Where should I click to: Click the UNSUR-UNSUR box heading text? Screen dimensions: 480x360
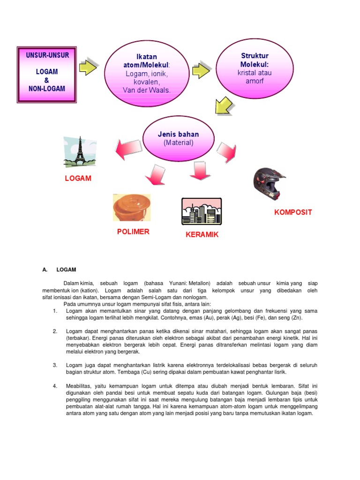tap(47, 55)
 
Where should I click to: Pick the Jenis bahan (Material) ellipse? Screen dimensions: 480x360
tap(178, 138)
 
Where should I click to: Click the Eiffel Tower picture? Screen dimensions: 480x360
tap(80, 152)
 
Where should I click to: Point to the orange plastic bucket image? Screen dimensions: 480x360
tap(132, 207)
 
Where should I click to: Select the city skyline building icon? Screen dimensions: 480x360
tap(202, 211)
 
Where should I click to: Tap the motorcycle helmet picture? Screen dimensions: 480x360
tap(269, 184)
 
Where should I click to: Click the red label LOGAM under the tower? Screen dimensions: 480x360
tap(78, 179)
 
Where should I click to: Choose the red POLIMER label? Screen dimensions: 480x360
tap(133, 232)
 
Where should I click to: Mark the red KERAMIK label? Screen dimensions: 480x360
tap(202, 234)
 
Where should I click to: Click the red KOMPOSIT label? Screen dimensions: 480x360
tap(293, 212)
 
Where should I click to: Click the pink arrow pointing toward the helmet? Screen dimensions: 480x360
tap(227, 152)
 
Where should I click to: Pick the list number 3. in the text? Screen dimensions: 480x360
tap(55, 365)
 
